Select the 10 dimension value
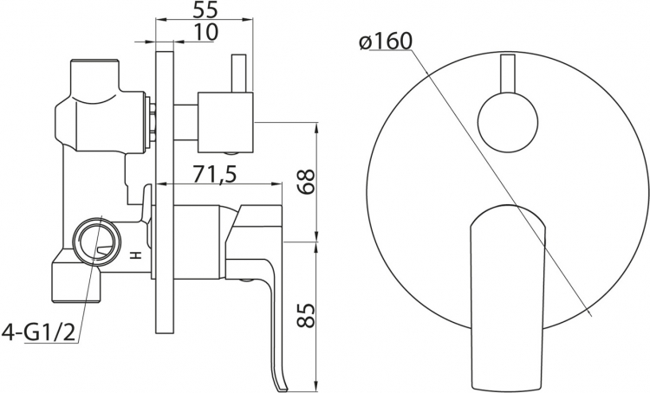click(x=205, y=32)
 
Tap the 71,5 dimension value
click(x=215, y=175)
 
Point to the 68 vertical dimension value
click(x=307, y=181)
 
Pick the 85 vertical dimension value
click(x=307, y=316)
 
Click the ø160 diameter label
click(x=386, y=41)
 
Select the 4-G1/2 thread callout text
click(x=39, y=332)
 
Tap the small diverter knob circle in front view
click(x=507, y=123)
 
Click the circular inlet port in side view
click(x=97, y=240)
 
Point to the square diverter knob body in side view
click(x=225, y=123)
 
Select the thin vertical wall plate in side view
click(x=164, y=191)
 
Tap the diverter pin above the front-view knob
click(x=507, y=75)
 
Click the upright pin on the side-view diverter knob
click(x=238, y=73)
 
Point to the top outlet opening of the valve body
click(x=95, y=61)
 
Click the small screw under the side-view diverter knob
click(x=232, y=154)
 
